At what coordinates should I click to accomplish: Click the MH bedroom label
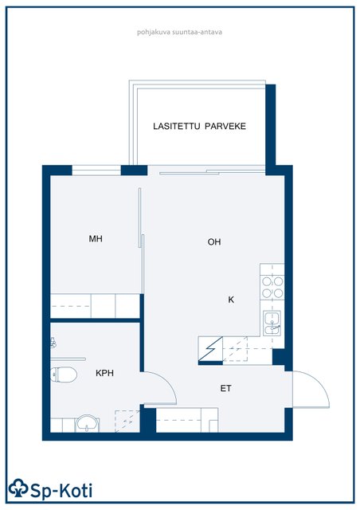tap(96, 239)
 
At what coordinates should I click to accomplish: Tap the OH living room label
tap(214, 241)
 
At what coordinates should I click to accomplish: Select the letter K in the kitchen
tap(231, 300)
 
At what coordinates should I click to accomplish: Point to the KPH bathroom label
tap(104, 373)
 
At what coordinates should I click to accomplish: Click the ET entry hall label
tap(225, 388)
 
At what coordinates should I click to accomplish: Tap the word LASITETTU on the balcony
tap(177, 126)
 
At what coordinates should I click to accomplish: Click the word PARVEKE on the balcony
tap(225, 126)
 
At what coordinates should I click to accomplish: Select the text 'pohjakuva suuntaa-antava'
tap(179, 32)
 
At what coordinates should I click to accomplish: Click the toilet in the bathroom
tap(64, 375)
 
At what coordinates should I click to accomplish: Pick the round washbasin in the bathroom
tap(87, 423)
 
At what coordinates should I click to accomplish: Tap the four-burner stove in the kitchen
tap(272, 288)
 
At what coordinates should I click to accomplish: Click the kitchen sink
tap(272, 323)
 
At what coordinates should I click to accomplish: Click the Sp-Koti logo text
tap(61, 491)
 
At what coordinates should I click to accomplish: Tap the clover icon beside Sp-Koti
tap(18, 488)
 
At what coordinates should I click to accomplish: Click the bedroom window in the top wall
tap(96, 170)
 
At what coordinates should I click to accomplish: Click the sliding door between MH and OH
tap(141, 241)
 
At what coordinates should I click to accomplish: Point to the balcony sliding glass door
tap(212, 171)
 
